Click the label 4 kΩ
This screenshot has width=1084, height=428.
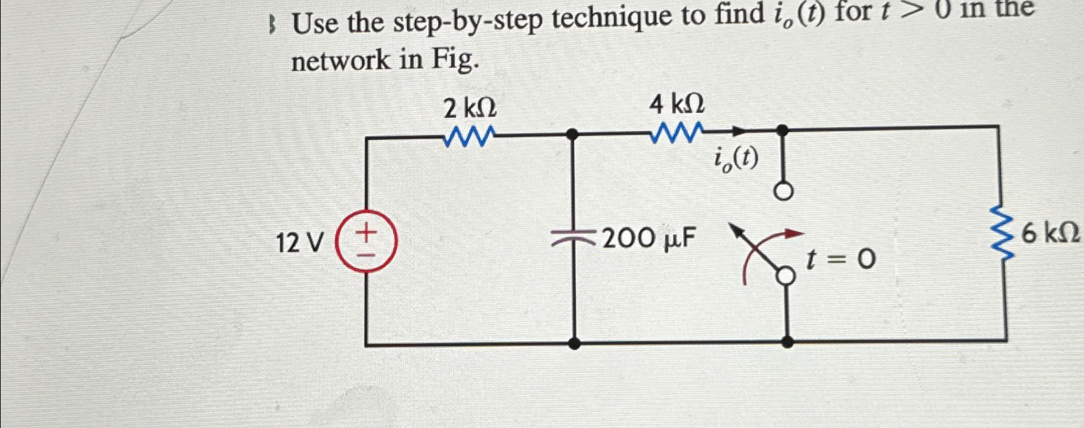(x=677, y=104)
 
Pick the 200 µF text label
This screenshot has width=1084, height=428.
(x=649, y=239)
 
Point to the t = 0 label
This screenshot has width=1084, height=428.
(x=841, y=260)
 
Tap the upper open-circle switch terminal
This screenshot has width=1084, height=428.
(x=784, y=193)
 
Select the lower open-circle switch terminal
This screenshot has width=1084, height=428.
(x=786, y=276)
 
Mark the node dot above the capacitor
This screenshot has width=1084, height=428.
(x=573, y=134)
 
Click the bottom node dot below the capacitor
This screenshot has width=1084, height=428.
(x=574, y=342)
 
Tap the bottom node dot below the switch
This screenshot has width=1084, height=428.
(x=787, y=341)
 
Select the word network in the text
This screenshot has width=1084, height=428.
(x=341, y=60)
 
